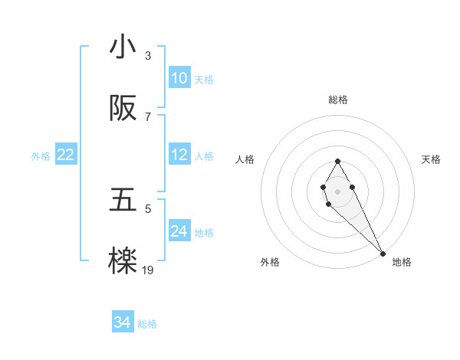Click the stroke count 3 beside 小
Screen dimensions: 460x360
(x=148, y=56)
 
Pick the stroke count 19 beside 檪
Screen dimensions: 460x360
(x=148, y=270)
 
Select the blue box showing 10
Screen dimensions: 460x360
(x=179, y=78)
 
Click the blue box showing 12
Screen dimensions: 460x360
(x=179, y=155)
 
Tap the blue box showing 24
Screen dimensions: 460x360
(x=179, y=231)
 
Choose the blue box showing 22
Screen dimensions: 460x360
(x=65, y=155)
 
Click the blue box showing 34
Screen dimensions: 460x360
(x=123, y=323)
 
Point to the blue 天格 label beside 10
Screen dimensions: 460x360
(x=204, y=80)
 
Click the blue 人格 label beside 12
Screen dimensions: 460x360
(x=204, y=156)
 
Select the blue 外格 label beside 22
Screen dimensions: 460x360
(x=41, y=156)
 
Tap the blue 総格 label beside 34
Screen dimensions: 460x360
(x=147, y=325)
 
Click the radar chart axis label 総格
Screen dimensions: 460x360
(x=338, y=100)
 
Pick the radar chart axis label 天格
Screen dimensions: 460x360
(x=432, y=159)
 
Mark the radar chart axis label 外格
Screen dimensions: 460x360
(x=270, y=263)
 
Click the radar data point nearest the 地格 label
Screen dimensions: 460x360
(x=383, y=252)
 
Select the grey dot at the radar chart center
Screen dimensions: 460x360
(x=337, y=190)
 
